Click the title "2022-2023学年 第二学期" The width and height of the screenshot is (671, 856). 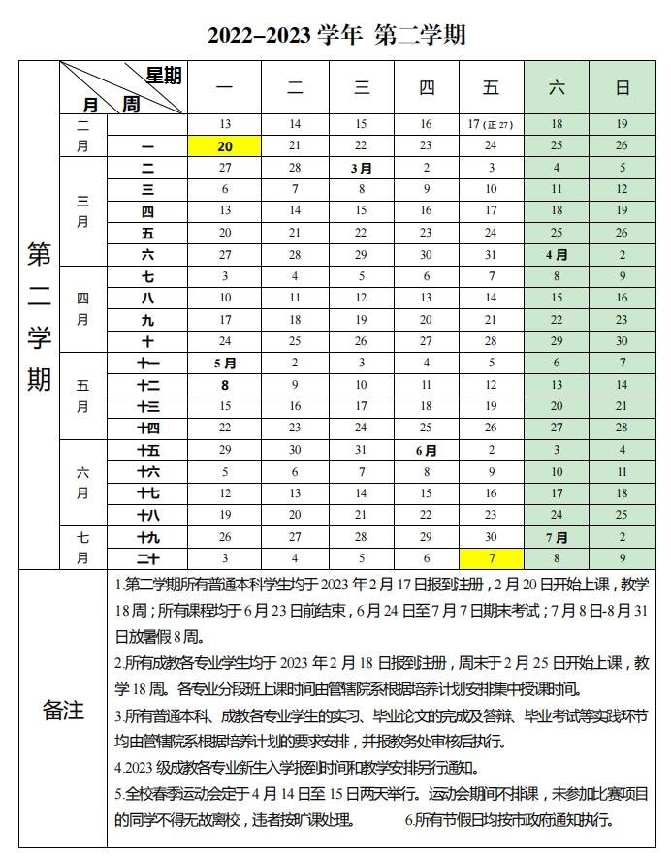[335, 35]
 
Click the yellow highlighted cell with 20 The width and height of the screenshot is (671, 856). [225, 145]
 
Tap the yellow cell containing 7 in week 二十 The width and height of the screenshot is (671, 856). [491, 558]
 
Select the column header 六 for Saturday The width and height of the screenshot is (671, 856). [557, 88]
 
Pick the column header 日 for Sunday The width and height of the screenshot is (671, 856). [622, 88]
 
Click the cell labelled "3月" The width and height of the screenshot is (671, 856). [362, 168]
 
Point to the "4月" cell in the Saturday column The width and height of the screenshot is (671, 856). [557, 255]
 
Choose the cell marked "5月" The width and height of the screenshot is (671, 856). [225, 364]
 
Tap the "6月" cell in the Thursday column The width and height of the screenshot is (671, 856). [426, 451]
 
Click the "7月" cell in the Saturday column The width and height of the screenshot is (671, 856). [557, 537]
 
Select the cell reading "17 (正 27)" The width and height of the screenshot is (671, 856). [491, 124]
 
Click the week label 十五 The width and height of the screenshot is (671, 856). [147, 451]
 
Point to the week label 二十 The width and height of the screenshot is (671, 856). [147, 558]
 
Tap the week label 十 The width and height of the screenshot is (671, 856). [147, 341]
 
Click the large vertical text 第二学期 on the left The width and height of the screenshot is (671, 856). [39, 315]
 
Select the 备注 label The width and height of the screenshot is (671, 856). [63, 711]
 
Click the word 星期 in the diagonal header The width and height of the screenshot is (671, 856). [163, 76]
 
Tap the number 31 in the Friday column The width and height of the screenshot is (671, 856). [491, 255]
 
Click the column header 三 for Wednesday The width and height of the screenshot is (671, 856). [362, 88]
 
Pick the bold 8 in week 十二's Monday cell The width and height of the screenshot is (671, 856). [225, 385]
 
